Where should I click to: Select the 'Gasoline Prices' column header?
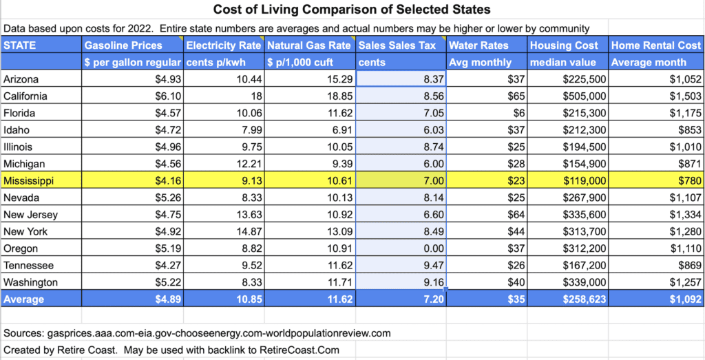point(123,45)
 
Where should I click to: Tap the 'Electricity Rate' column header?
point(224,45)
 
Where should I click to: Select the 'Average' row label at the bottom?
point(24,299)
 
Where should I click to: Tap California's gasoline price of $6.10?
point(166,96)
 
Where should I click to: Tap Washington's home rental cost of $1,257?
point(685,283)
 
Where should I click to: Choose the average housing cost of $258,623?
point(582,299)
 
